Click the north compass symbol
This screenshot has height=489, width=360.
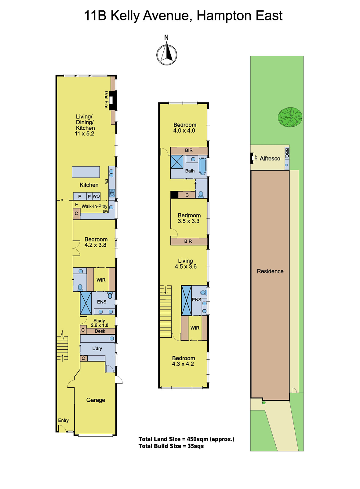[x=167, y=54]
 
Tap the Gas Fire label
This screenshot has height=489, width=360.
[x=106, y=100]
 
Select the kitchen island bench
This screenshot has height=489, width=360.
[x=86, y=172]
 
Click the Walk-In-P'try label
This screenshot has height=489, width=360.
[x=94, y=206]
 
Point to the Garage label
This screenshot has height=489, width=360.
[x=96, y=400]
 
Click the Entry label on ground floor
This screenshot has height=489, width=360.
[x=64, y=421]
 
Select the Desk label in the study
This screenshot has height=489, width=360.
[x=100, y=331]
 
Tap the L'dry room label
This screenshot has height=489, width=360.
[x=97, y=348]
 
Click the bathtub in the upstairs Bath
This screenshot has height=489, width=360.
[x=203, y=166]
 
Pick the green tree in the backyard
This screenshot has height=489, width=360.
[x=290, y=117]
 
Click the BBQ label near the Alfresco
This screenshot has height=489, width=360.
[x=287, y=153]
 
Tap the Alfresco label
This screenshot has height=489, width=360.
[x=270, y=159]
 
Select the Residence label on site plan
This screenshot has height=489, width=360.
[x=270, y=271]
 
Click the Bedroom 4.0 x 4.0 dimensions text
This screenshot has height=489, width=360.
[x=184, y=131]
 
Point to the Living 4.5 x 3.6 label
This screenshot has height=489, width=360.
[x=186, y=264]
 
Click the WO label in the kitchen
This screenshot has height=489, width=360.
[x=96, y=197]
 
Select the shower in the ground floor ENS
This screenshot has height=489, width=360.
[x=86, y=303]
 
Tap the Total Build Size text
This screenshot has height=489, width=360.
[x=171, y=446]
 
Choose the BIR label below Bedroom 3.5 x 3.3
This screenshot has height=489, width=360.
[x=188, y=241]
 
